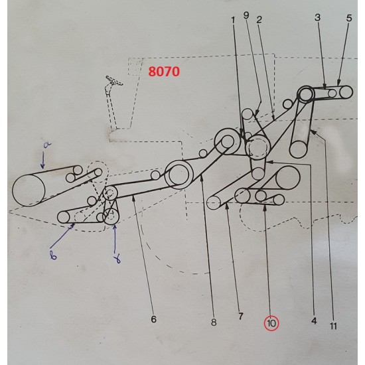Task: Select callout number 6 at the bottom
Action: coord(153,319)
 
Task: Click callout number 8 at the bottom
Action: coord(213,323)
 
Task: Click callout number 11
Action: coord(334,326)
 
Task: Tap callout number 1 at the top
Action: coord(234,20)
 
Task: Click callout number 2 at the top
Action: coord(258,19)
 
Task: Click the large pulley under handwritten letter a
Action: coord(29,188)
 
